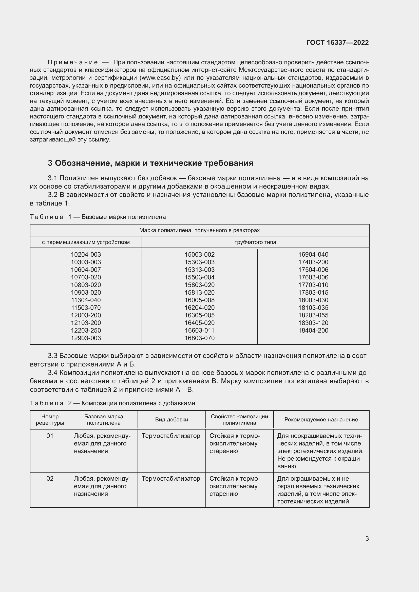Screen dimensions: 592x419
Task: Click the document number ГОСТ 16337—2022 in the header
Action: [337, 43]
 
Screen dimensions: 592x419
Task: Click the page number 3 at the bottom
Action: [367, 538]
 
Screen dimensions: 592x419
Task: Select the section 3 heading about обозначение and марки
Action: [150, 163]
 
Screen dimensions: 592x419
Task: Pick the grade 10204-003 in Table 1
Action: [86, 254]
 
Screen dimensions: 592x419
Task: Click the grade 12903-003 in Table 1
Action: [86, 338]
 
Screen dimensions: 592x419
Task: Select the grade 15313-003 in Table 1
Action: [199, 270]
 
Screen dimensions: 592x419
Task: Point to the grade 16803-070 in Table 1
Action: [199, 338]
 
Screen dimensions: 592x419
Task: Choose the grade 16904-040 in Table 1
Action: [313, 254]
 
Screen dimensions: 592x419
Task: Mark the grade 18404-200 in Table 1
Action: [313, 330]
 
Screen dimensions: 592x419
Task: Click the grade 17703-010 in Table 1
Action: [313, 285]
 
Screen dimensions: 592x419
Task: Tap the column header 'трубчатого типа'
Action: [255, 242]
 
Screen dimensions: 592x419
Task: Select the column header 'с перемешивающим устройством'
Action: [86, 242]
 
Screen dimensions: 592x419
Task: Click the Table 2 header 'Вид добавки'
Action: [172, 419]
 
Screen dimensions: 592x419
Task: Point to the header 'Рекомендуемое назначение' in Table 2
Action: [321, 419]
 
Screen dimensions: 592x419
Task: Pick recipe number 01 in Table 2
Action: [50, 436]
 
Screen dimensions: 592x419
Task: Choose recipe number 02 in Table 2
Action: [50, 479]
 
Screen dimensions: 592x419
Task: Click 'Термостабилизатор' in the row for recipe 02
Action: [171, 479]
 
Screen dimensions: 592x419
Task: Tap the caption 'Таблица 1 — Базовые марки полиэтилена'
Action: [98, 217]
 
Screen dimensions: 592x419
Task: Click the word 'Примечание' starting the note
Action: [73, 63]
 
